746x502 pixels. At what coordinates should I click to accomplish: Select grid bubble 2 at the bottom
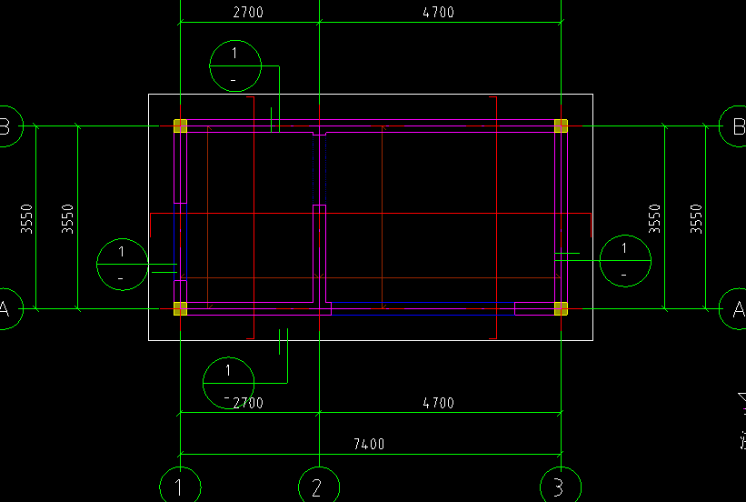tap(317, 487)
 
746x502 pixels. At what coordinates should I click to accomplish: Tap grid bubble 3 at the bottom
tap(558, 487)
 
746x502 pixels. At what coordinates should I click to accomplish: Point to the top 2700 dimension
tap(248, 13)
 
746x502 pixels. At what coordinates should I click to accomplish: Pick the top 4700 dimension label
tap(439, 13)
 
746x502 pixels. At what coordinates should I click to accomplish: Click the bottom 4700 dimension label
tap(439, 403)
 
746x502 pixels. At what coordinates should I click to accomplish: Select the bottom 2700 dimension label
tap(248, 403)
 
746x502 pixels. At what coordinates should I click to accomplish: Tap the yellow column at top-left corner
tap(180, 126)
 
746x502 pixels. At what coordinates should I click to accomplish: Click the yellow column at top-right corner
tap(562, 126)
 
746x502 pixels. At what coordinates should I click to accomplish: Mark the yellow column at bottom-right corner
tap(562, 308)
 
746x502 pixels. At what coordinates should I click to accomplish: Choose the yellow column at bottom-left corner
tap(180, 308)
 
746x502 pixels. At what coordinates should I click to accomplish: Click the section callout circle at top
tap(235, 65)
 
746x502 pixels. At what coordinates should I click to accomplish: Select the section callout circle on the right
tap(624, 260)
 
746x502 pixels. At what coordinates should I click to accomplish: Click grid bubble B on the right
tap(734, 126)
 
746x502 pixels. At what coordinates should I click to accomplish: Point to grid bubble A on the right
tap(734, 308)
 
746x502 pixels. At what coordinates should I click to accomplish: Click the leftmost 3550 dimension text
tap(27, 219)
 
